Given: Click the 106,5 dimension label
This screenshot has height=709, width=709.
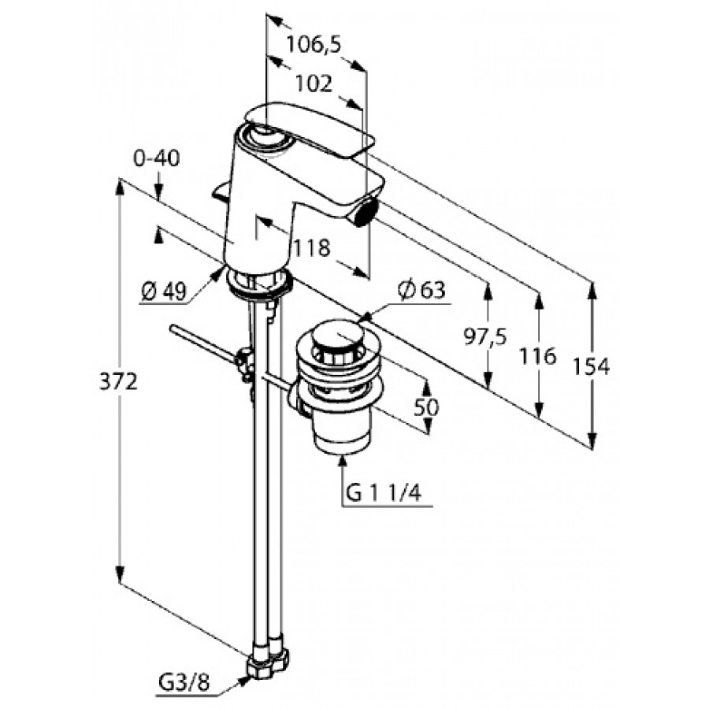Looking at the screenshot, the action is pyautogui.click(x=314, y=44).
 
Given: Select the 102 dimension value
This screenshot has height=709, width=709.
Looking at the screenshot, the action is pyautogui.click(x=314, y=84).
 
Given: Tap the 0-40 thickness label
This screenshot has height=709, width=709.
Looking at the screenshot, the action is pyautogui.click(x=157, y=158).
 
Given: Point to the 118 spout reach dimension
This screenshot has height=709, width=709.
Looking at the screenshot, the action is pyautogui.click(x=312, y=248).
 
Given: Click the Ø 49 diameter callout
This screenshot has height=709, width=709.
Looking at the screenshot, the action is pyautogui.click(x=164, y=292).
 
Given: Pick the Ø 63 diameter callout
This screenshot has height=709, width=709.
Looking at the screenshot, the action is pyautogui.click(x=421, y=290).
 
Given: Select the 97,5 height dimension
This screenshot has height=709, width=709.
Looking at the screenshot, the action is pyautogui.click(x=485, y=337).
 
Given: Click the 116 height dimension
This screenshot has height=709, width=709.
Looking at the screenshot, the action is pyautogui.click(x=537, y=356).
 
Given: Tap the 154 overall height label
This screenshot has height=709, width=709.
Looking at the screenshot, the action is pyautogui.click(x=592, y=366).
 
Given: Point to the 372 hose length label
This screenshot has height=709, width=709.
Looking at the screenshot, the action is pyautogui.click(x=118, y=383).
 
